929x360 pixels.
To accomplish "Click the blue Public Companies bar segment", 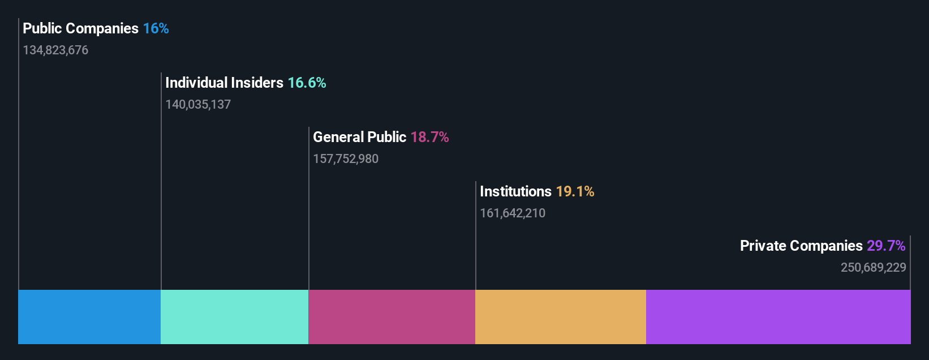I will click(x=89, y=317).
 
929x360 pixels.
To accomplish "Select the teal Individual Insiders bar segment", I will click(x=234, y=317).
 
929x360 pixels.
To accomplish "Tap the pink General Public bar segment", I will click(x=392, y=317).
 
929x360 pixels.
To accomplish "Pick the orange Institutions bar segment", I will click(x=560, y=317).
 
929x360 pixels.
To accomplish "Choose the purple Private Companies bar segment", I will click(x=778, y=317).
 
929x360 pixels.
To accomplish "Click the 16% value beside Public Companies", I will click(x=156, y=28).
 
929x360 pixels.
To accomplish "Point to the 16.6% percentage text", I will click(x=307, y=83).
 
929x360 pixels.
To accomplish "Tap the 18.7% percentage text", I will click(x=429, y=137).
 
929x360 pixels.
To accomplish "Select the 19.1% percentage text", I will click(x=575, y=191).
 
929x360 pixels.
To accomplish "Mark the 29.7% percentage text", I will click(x=886, y=246).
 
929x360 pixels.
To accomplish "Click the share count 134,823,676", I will click(x=55, y=50).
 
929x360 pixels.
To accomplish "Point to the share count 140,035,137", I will click(x=198, y=104).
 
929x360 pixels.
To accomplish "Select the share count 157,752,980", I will click(x=346, y=158).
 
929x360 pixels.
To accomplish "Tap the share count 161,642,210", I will click(x=513, y=213).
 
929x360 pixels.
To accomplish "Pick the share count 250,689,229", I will click(x=873, y=267).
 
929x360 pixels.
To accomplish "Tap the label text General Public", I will click(x=359, y=137).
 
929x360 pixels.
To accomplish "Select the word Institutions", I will click(x=515, y=191).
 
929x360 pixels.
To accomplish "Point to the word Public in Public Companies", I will click(x=42, y=28).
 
